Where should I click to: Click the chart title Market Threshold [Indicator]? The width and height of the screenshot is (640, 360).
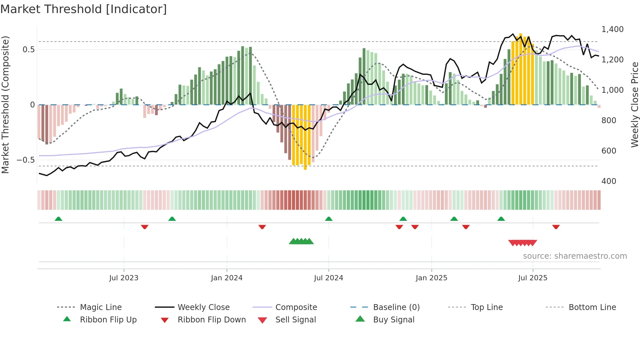pyautogui.click(x=84, y=9)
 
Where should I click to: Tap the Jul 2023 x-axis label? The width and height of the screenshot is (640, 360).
pyautogui.click(x=124, y=278)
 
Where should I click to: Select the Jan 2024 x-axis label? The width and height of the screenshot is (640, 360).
pyautogui.click(x=227, y=278)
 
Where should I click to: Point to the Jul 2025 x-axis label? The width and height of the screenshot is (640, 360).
pyautogui.click(x=533, y=278)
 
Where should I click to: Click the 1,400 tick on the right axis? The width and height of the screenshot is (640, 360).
pyautogui.click(x=612, y=29)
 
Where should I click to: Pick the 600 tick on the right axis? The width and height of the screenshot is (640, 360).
pyautogui.click(x=609, y=151)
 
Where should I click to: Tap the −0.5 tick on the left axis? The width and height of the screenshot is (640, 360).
pyautogui.click(x=26, y=160)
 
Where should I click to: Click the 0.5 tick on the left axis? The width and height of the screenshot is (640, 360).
pyautogui.click(x=28, y=50)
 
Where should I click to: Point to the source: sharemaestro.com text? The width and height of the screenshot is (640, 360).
pyautogui.click(x=575, y=256)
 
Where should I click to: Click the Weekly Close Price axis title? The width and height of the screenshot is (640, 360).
pyautogui.click(x=634, y=105)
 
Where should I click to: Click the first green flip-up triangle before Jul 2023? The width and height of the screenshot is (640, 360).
pyautogui.click(x=58, y=219)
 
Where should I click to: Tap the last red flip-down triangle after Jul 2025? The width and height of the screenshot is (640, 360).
pyautogui.click(x=556, y=227)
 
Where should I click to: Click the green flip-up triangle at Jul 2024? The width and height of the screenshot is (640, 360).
pyautogui.click(x=329, y=219)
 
